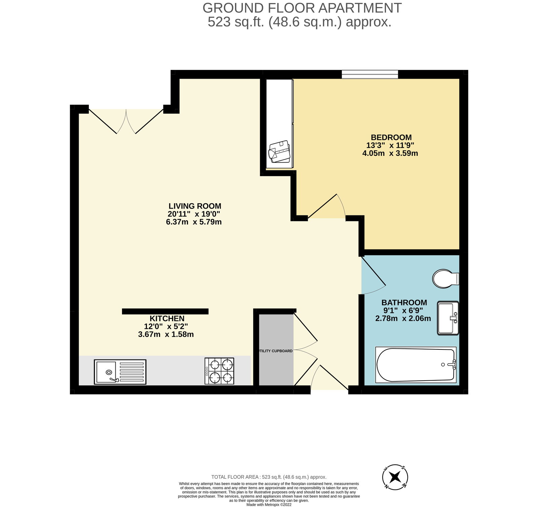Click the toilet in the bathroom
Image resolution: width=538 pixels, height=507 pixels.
445,279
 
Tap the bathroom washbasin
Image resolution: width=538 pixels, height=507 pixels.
448,318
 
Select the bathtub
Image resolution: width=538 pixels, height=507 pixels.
416,365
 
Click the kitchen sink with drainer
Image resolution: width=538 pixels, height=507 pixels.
120,372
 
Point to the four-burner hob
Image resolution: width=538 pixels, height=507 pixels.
219,371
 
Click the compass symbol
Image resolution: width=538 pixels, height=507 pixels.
395,476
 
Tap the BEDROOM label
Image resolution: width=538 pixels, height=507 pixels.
391,137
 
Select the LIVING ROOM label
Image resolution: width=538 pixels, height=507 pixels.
195,206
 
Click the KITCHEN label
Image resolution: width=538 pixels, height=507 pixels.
167,318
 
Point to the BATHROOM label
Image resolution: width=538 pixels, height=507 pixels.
404,302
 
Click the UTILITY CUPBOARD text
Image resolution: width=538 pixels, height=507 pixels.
276,351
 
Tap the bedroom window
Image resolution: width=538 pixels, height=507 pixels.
370,74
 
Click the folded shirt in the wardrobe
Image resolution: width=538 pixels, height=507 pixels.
279,152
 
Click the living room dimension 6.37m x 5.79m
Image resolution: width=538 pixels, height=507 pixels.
194,222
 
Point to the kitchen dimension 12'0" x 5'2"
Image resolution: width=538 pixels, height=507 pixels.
166,326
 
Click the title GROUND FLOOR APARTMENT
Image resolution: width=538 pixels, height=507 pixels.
302,8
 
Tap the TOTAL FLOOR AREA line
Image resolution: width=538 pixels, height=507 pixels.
269,477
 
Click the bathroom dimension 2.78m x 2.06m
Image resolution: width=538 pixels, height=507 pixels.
403,319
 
